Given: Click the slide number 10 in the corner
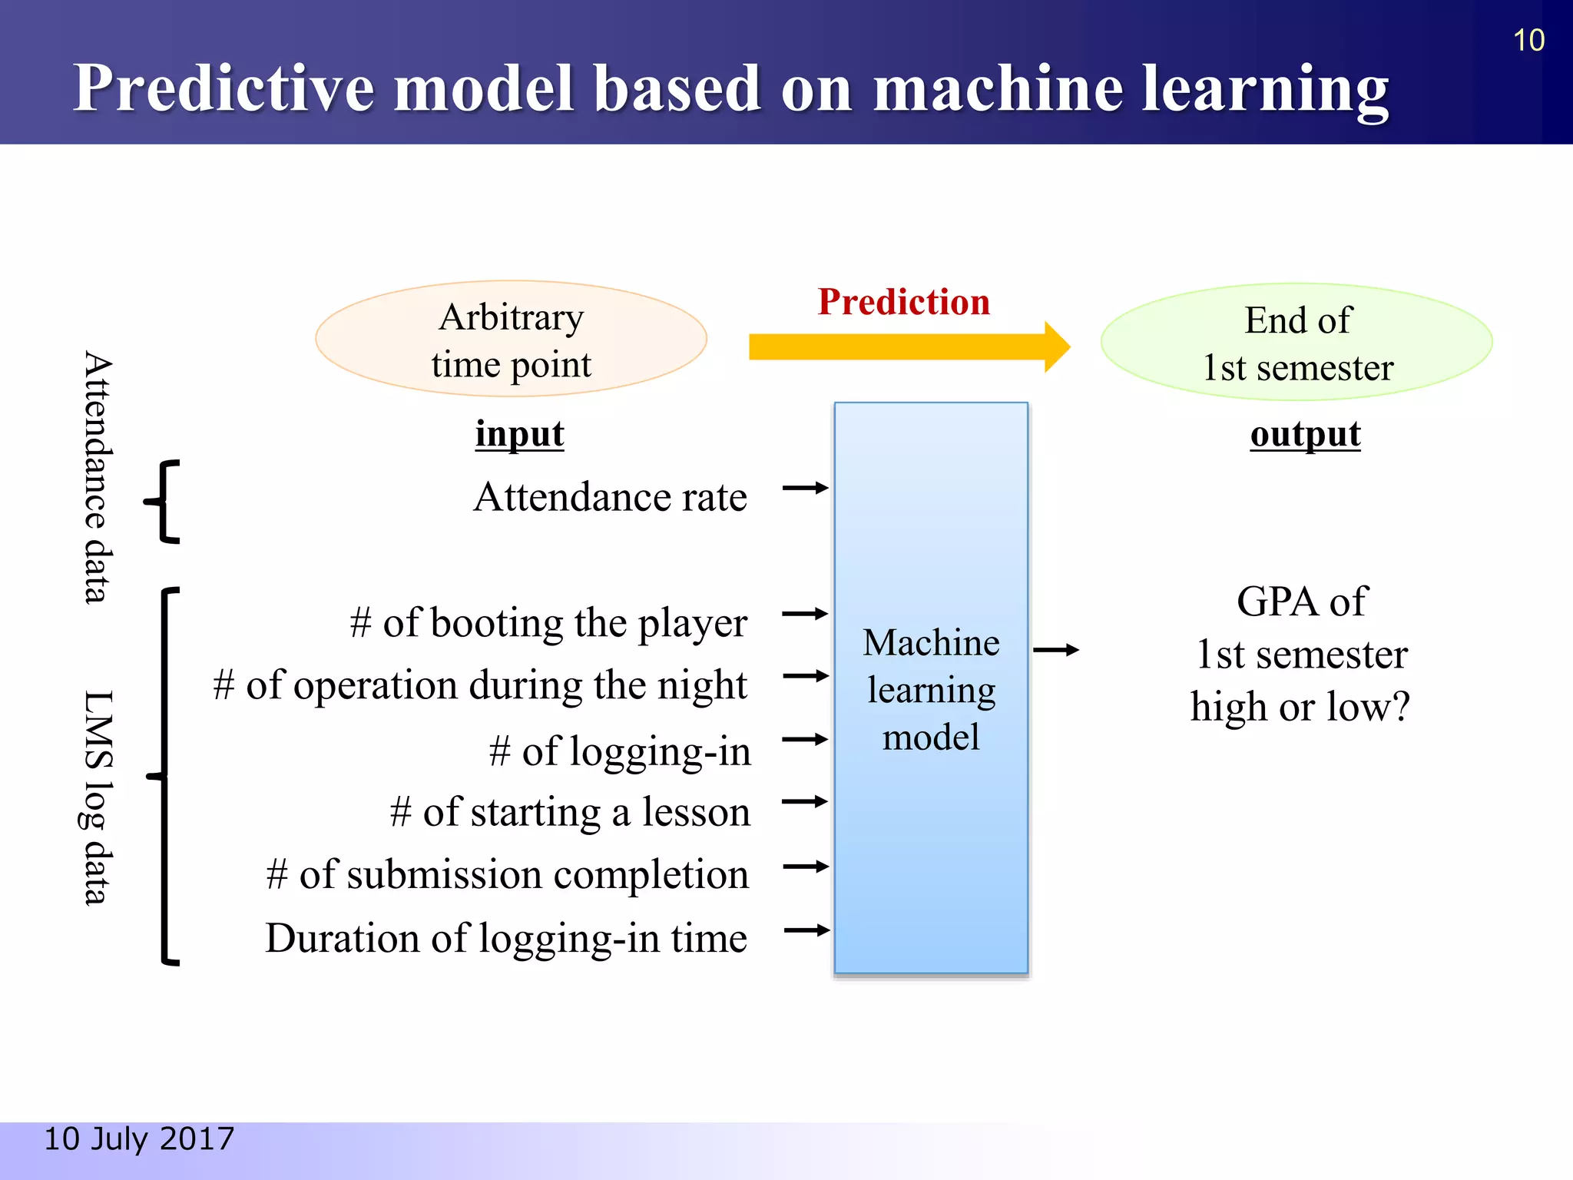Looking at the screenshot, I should pos(1528,40).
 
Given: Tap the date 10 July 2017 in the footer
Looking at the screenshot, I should pos(139,1139).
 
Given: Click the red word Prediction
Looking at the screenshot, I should pos(903,302).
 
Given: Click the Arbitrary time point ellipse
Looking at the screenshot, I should pos(511,340).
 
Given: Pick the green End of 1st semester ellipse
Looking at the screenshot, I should pos(1296,343).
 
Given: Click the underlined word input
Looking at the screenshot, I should pos(519,435).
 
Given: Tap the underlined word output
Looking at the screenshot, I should pos(1305,435).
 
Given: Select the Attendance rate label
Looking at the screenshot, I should pos(610,497).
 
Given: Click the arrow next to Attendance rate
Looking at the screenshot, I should pos(805,488).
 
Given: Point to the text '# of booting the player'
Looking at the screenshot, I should pos(548,623).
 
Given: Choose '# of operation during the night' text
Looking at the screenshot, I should pos(480,685).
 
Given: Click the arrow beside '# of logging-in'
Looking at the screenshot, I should pos(805,740).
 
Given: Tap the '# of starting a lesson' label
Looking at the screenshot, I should pos(570,813).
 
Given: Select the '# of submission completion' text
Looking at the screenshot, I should pos(507,875).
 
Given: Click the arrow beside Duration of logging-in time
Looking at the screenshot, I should pos(806,930).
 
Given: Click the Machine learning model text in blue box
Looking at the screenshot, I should pos(931,689).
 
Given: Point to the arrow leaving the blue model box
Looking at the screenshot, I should pos(1056,650).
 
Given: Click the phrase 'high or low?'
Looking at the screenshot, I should pos(1300,707).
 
